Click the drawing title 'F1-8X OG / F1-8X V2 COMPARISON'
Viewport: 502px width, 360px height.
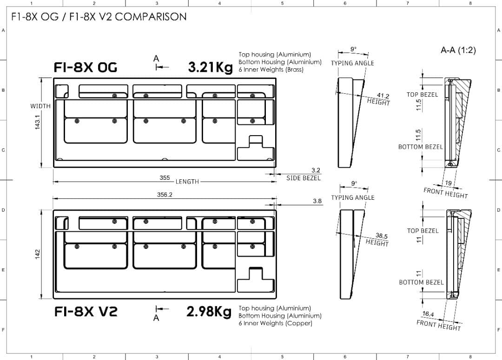(x=99, y=17)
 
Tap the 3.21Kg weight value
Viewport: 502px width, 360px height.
(x=211, y=67)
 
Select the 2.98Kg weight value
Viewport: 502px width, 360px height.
(x=209, y=311)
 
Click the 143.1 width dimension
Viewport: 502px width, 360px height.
(x=38, y=122)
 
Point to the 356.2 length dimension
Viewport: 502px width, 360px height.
(x=165, y=195)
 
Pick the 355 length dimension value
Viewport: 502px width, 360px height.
(x=165, y=177)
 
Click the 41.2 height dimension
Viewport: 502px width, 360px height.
(x=383, y=96)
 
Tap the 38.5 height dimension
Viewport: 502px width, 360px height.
(x=382, y=236)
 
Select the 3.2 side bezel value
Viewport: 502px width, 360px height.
(x=316, y=170)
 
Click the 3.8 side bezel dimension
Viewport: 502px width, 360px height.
(x=317, y=201)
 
